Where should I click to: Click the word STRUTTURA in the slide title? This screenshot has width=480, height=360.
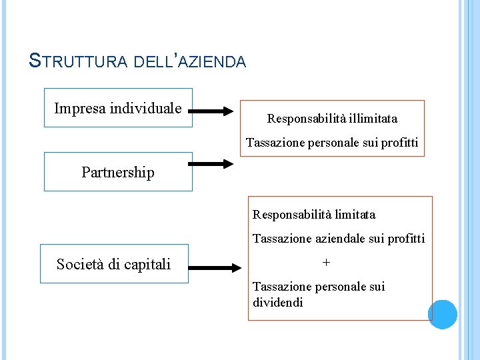(79, 61)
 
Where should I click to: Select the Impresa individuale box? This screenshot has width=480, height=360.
(118, 108)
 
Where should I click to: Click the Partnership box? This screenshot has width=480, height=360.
(118, 172)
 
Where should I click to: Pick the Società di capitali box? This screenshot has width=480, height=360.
(114, 265)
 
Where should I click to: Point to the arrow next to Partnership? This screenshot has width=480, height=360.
(211, 163)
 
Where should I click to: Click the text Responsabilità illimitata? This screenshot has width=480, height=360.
(332, 119)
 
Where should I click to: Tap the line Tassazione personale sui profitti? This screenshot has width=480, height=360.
(332, 143)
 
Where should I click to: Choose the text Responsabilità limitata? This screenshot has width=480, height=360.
(314, 215)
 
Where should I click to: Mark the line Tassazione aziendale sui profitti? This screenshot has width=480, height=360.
(339, 239)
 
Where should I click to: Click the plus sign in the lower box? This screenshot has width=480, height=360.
(326, 263)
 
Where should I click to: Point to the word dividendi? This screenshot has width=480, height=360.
(278, 303)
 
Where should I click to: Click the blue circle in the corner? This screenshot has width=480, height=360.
(443, 314)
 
